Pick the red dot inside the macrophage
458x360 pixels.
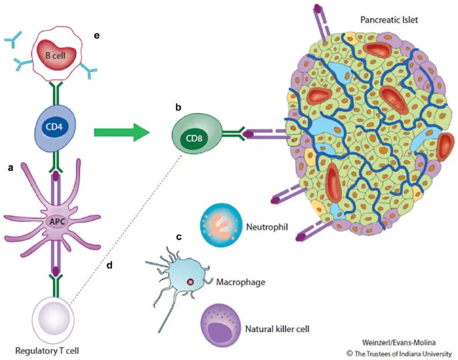[190, 282]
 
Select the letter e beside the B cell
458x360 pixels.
[97, 36]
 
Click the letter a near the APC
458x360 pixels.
[10, 168]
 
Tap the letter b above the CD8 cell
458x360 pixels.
[178, 108]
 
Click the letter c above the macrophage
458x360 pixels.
[178, 236]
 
